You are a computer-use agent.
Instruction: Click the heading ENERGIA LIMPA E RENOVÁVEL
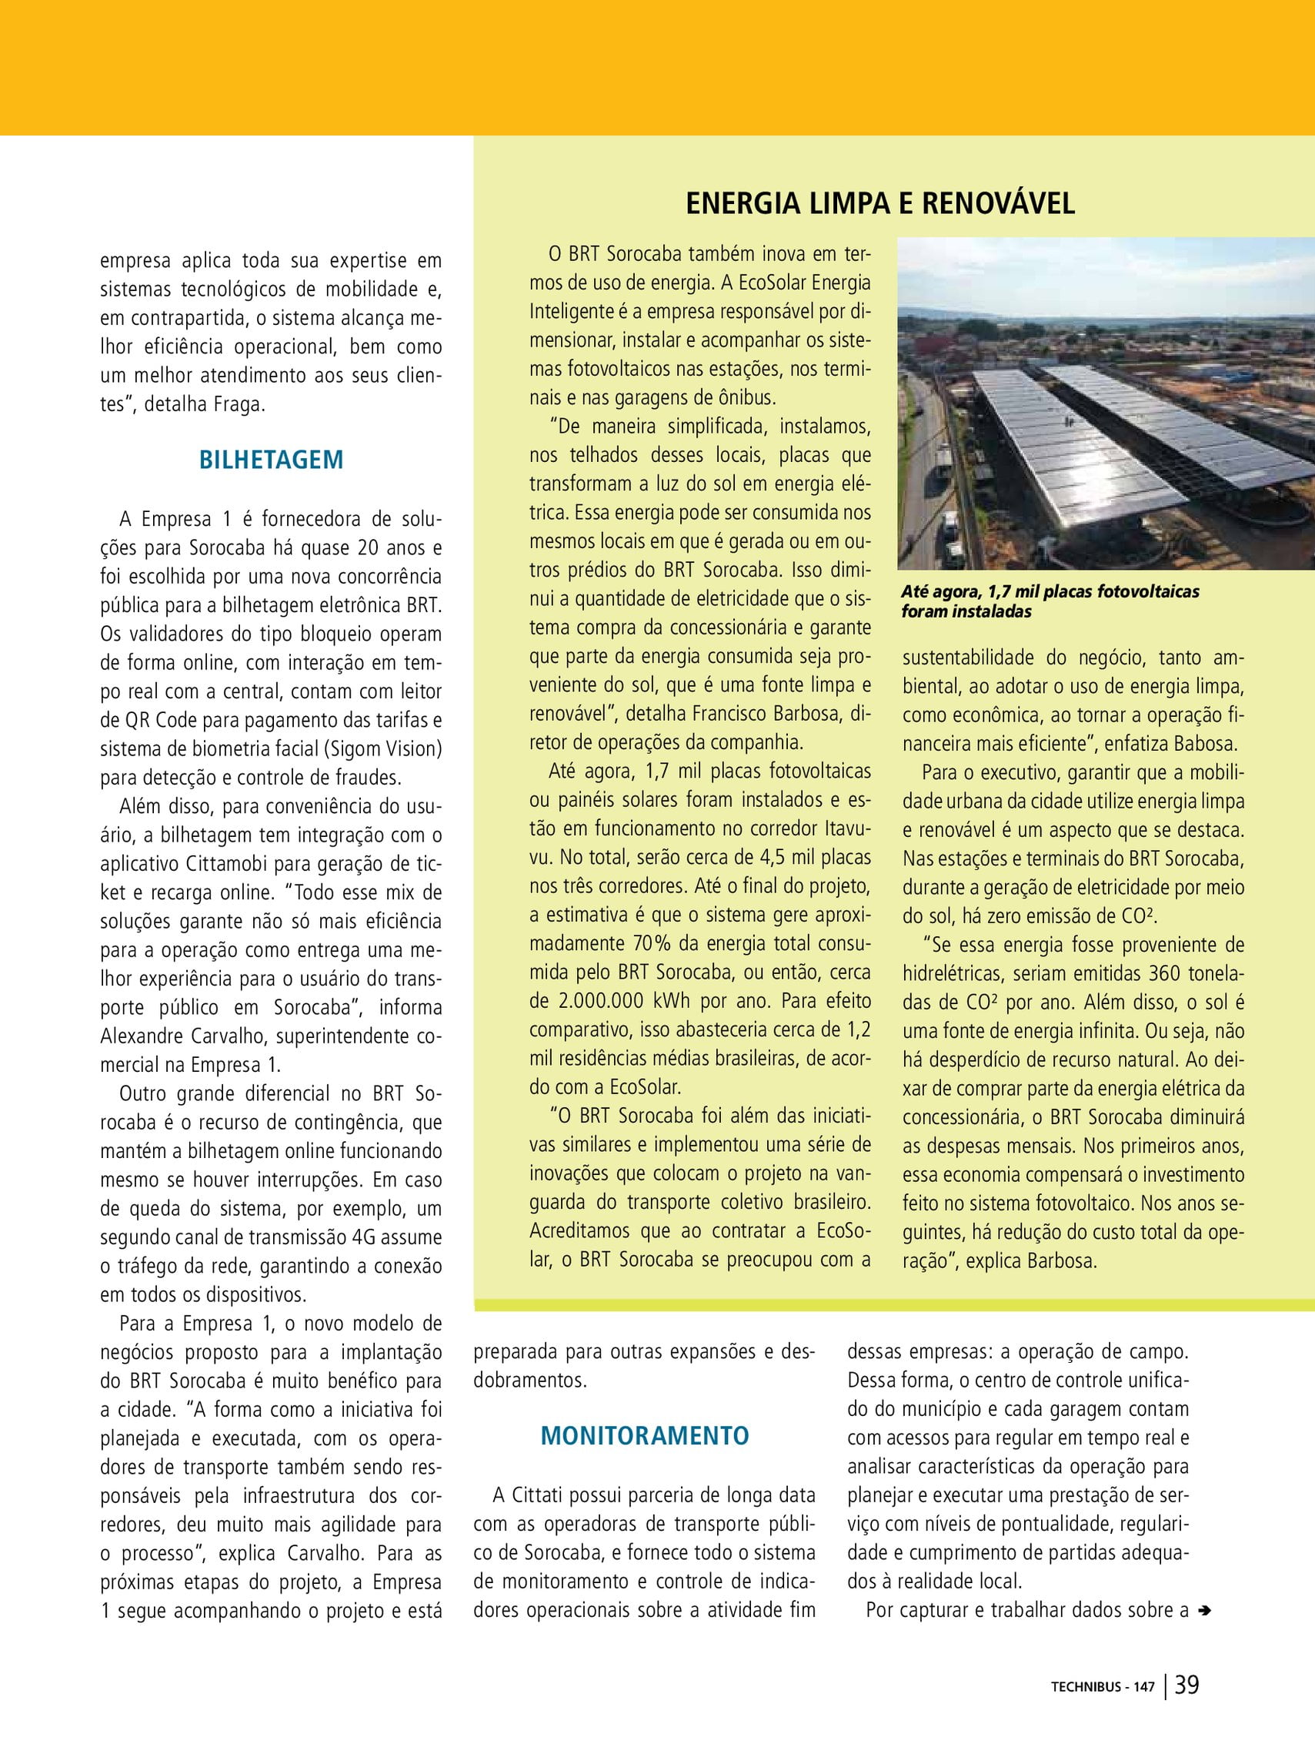(879, 204)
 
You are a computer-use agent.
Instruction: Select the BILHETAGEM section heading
(271, 460)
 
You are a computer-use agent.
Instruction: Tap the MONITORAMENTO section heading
(645, 1436)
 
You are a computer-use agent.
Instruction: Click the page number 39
(1187, 1707)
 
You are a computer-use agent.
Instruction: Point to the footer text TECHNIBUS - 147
(1103, 1709)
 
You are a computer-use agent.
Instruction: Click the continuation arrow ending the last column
(1205, 1611)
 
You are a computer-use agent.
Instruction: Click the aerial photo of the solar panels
(1106, 404)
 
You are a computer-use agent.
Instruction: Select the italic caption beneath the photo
(1050, 601)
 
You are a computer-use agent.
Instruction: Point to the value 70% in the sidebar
(650, 944)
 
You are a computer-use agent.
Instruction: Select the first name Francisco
(738, 714)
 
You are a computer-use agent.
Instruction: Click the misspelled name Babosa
(1207, 744)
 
